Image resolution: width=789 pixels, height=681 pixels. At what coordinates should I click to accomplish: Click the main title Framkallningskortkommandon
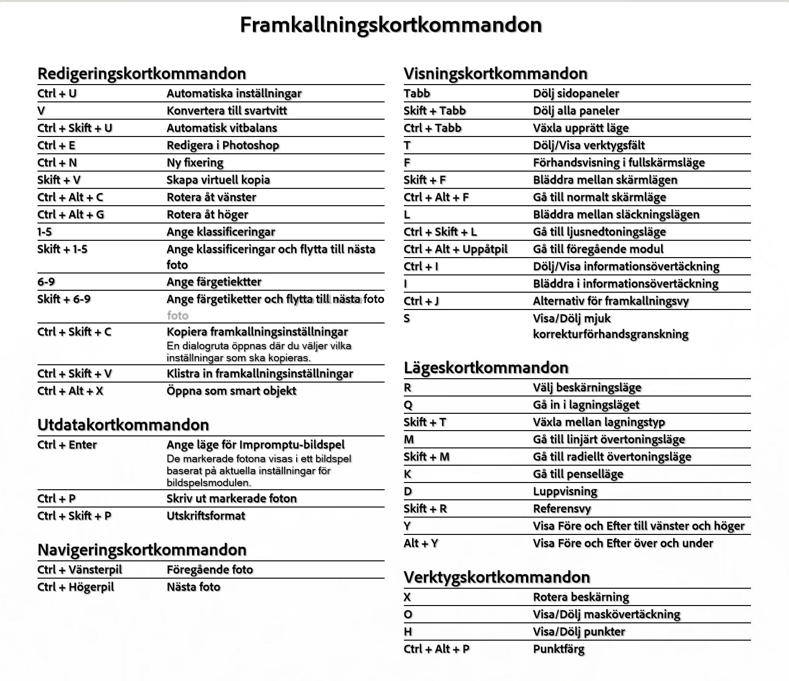click(390, 25)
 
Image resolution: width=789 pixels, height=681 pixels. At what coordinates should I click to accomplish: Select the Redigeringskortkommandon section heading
click(142, 74)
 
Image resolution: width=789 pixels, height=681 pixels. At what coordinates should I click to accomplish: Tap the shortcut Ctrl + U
click(57, 93)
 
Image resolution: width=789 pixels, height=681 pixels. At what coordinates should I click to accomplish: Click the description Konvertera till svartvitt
click(226, 111)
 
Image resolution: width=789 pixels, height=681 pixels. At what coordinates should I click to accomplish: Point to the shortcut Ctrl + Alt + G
click(71, 214)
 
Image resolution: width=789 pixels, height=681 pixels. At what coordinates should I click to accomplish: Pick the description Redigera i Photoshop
click(223, 145)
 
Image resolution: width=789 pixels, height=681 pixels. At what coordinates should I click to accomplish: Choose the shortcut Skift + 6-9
click(64, 299)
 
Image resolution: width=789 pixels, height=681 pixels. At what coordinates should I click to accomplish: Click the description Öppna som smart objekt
click(231, 391)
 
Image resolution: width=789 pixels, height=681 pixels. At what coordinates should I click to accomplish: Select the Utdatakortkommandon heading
click(124, 425)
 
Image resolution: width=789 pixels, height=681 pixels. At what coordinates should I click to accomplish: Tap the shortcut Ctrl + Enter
click(67, 445)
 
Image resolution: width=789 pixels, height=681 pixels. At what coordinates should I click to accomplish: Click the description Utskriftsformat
click(206, 516)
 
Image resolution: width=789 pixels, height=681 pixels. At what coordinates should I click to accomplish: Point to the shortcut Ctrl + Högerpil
click(76, 587)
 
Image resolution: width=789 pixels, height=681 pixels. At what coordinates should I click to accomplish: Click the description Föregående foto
click(210, 570)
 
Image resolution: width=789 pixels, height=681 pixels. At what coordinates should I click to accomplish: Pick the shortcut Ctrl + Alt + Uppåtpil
click(455, 249)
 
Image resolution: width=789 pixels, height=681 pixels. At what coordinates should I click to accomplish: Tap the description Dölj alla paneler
click(576, 111)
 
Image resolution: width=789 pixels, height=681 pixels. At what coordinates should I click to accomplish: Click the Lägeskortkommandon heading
click(486, 368)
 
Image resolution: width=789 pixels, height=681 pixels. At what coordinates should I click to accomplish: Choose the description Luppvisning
click(565, 491)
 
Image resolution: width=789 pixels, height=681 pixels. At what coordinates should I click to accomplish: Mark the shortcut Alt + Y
click(421, 543)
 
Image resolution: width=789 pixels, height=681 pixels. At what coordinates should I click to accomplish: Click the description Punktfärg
click(559, 649)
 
